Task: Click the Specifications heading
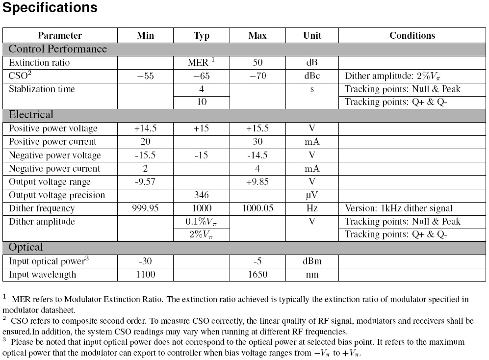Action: pyautogui.click(x=51, y=8)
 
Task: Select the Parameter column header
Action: pyautogui.click(x=60, y=35)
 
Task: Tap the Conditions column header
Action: pyautogui.click(x=412, y=35)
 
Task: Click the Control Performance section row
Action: pyautogui.click(x=58, y=49)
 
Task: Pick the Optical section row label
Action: pyautogui.click(x=26, y=247)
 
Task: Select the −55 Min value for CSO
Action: pyautogui.click(x=145, y=76)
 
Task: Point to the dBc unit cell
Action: pyautogui.click(x=312, y=76)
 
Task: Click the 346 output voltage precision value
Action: pyautogui.click(x=202, y=195)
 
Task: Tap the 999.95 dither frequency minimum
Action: pyautogui.click(x=145, y=208)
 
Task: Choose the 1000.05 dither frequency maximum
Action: pyautogui.click(x=257, y=208)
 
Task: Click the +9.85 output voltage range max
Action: pyautogui.click(x=257, y=182)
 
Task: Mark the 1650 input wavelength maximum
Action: pyautogui.click(x=257, y=274)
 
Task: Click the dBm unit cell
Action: pyautogui.click(x=312, y=261)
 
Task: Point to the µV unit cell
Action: pyautogui.click(x=312, y=195)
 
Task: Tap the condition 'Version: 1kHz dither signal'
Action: pyautogui.click(x=399, y=208)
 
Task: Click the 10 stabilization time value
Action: pyautogui.click(x=202, y=102)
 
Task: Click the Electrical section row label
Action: pyautogui.click(x=31, y=115)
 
